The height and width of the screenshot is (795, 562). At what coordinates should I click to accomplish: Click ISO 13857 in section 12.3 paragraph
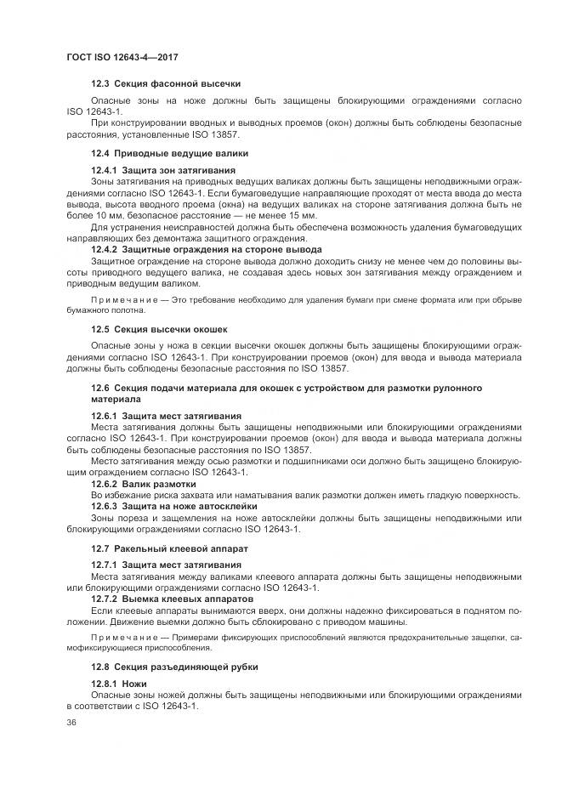coord(215,134)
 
